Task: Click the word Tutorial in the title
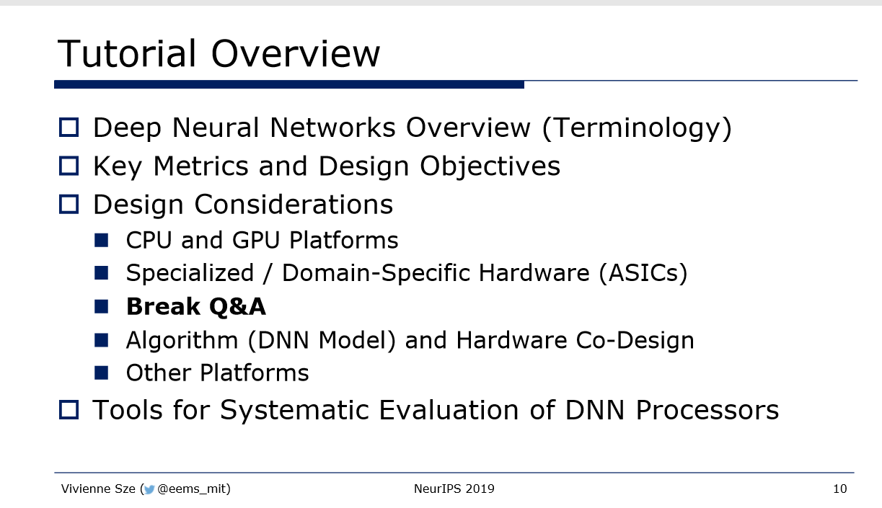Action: [x=126, y=53]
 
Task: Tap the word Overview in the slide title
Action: [x=295, y=53]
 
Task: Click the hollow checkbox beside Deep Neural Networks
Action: [x=69, y=128]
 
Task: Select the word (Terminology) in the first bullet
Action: [x=637, y=128]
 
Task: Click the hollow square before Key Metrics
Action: [x=69, y=166]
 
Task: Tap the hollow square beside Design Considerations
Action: [x=69, y=204]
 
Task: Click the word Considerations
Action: [x=294, y=205]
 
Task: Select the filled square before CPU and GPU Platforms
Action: [x=101, y=240]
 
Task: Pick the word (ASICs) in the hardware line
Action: [x=643, y=273]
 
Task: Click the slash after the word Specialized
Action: [x=268, y=273]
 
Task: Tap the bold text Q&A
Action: [x=237, y=306]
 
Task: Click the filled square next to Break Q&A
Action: [x=101, y=306]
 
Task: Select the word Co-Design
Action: [x=635, y=340]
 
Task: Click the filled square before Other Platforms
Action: [x=101, y=373]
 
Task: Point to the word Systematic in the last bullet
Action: [x=294, y=411]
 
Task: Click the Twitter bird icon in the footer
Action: [x=149, y=489]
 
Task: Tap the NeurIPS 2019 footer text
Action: [x=454, y=489]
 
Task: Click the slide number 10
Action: [x=840, y=489]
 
